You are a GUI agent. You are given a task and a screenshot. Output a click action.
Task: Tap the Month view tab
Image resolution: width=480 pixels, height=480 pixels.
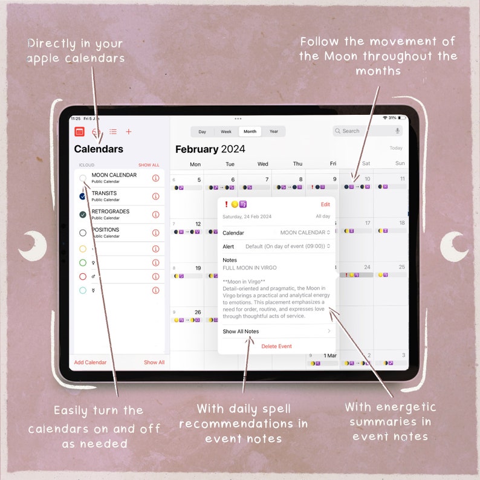[250, 131]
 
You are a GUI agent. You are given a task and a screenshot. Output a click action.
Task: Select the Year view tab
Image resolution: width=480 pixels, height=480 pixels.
[274, 131]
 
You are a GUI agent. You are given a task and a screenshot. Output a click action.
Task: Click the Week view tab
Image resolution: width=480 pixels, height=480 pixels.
[226, 131]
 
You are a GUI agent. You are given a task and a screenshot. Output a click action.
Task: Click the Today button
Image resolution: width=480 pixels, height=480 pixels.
[396, 148]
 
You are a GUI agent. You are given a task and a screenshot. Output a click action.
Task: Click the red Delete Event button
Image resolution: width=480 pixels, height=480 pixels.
[276, 346]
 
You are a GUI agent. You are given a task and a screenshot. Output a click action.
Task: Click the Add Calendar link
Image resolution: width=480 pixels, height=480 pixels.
[90, 362]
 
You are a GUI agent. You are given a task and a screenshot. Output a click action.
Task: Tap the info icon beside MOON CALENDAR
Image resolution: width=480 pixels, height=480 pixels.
[155, 178]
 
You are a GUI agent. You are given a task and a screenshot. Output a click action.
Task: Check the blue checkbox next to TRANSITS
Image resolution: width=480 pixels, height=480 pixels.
[83, 196]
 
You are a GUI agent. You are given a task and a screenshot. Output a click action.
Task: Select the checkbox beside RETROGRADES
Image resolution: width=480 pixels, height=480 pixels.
[83, 215]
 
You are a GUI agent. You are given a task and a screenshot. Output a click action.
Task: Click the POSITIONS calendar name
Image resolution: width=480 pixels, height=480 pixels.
[105, 230]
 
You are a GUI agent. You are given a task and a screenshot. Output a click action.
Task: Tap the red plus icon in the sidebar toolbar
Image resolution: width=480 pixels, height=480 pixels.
[129, 131]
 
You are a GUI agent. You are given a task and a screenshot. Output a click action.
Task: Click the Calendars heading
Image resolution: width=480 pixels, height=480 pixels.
[99, 149]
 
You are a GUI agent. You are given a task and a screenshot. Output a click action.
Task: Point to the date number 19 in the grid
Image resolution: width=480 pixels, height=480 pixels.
[198, 268]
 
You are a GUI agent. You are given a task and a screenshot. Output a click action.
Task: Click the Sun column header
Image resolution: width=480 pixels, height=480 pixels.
[400, 164]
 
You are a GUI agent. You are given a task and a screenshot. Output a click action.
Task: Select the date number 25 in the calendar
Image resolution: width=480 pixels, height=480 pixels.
[401, 267]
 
